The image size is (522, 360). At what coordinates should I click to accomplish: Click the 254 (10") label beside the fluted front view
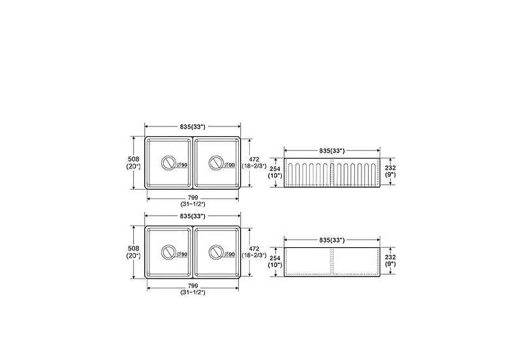[275, 172]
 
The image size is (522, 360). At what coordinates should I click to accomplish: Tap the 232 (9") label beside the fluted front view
[390, 171]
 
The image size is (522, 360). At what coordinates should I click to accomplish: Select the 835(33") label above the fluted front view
[332, 151]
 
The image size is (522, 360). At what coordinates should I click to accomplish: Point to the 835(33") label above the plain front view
[332, 240]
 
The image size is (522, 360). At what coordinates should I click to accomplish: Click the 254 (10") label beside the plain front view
[275, 261]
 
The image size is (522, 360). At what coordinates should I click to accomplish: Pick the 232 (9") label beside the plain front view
[390, 260]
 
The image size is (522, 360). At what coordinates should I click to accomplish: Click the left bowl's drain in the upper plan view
[168, 162]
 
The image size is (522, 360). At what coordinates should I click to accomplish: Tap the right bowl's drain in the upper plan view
[216, 162]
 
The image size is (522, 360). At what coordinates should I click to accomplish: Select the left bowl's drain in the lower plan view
[168, 252]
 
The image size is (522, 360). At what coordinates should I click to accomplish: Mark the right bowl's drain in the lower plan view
[216, 252]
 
